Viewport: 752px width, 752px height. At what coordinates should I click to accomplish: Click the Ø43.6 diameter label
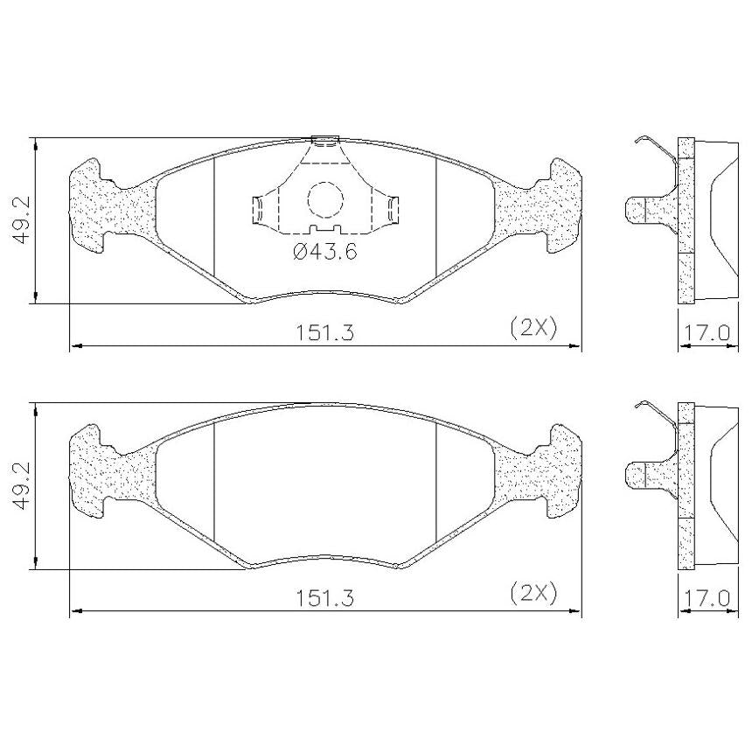point(325,251)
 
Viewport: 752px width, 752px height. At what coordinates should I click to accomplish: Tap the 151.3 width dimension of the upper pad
point(324,332)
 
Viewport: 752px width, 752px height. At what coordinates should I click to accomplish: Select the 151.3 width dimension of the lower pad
point(324,598)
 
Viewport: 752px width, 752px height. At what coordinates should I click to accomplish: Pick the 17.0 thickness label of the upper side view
point(707,332)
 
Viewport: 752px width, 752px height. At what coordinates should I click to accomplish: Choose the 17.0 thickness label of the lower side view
point(707,598)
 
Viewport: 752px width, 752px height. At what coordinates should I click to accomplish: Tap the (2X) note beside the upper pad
point(533,328)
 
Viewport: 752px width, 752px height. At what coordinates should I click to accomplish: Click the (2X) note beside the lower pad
point(533,594)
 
